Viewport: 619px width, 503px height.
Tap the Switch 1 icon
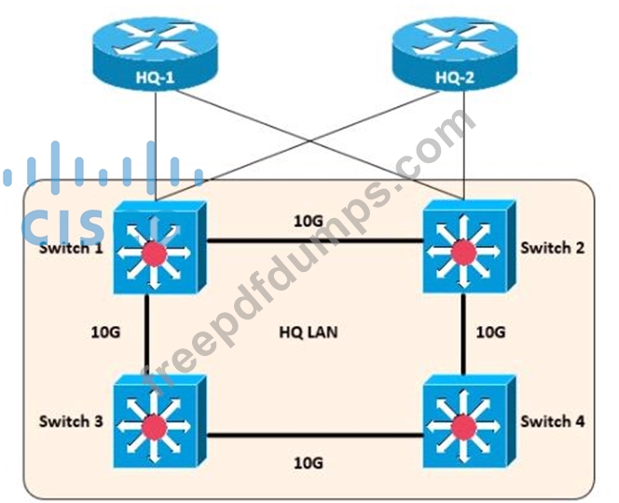pos(155,249)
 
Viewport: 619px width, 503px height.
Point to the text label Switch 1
pos(71,249)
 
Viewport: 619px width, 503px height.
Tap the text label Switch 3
pos(71,421)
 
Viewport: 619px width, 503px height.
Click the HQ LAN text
pos(308,332)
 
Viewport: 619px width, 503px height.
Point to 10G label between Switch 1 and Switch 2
pos(309,221)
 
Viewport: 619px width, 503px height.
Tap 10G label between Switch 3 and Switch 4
pos(309,461)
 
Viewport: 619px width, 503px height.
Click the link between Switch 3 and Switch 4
pos(309,434)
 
